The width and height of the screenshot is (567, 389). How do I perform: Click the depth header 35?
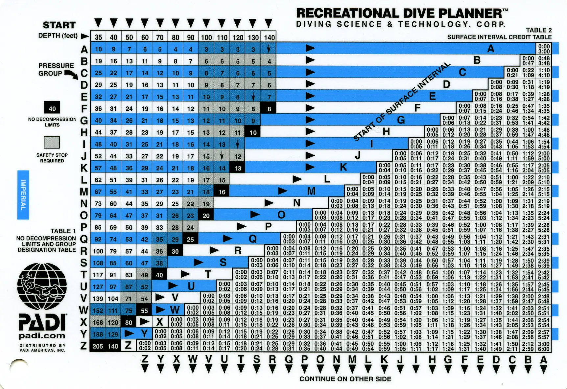[x=98, y=37]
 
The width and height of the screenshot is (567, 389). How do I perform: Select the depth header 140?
[x=269, y=37]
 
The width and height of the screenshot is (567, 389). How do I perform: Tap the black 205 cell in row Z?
[x=98, y=346]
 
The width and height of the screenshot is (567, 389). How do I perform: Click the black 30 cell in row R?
[x=175, y=251]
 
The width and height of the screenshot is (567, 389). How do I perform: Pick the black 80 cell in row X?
[x=129, y=322]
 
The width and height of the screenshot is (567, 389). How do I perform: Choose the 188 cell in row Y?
[x=98, y=334]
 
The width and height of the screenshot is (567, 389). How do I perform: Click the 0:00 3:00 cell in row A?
[x=544, y=49]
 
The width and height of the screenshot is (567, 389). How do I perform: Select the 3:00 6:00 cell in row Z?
[x=544, y=346]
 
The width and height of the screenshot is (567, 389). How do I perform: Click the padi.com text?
[x=42, y=336]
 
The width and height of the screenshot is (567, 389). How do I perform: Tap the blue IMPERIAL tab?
[x=23, y=194]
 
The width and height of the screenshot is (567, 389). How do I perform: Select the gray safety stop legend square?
[x=52, y=142]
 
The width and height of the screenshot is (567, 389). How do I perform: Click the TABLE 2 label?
[x=539, y=30]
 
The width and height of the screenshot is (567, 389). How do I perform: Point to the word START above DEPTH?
[x=59, y=25]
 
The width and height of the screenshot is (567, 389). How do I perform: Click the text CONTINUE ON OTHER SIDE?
[x=345, y=379]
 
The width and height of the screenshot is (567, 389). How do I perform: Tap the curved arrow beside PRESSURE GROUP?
[x=71, y=75]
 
